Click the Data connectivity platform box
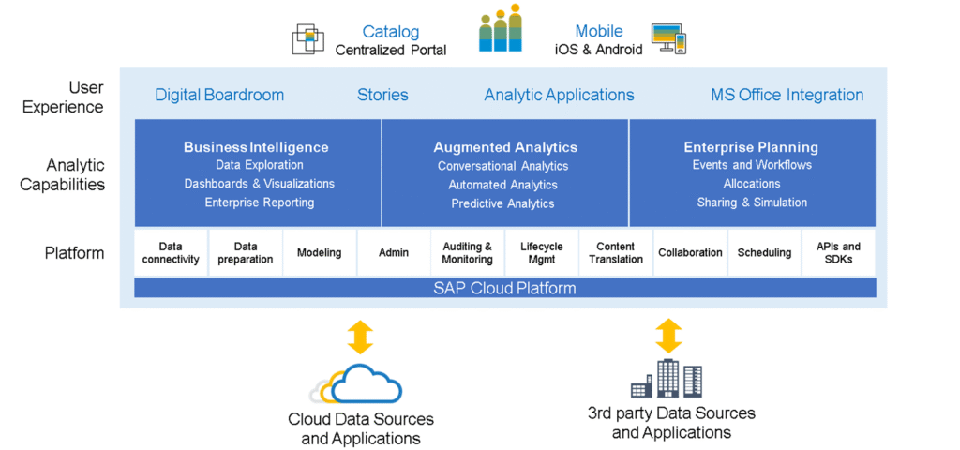point(171,253)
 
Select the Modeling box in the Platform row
point(319,253)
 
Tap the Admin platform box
point(394,253)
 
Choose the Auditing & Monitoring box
point(467,253)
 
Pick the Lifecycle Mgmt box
point(541,253)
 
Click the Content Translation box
point(616,253)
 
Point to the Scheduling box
point(764,253)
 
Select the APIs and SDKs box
point(838,253)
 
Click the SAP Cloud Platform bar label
point(504,288)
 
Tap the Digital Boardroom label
point(219,95)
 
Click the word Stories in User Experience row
point(382,95)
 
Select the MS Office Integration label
point(787,95)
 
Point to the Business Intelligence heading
point(256,147)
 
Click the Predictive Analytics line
point(502,203)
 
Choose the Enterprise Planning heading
point(751,147)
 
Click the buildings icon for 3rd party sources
point(666,379)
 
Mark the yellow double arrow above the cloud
point(360,336)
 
